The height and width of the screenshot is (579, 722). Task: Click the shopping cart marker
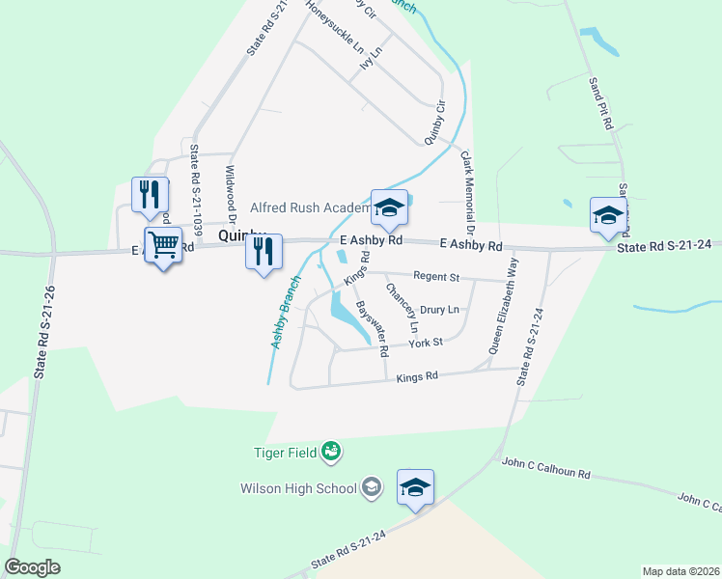click(x=163, y=246)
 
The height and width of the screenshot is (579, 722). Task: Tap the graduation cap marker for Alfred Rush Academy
click(x=389, y=207)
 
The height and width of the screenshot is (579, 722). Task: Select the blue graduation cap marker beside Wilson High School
click(x=415, y=488)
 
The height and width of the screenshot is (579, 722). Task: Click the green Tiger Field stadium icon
click(x=331, y=450)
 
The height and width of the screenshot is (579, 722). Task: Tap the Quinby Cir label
click(x=434, y=122)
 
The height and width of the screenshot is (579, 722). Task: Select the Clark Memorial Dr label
click(x=467, y=194)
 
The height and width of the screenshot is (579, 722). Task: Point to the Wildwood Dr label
click(x=232, y=193)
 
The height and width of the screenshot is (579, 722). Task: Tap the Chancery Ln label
click(x=402, y=309)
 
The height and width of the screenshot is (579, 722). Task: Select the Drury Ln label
click(x=439, y=310)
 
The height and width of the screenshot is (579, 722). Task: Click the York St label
click(x=425, y=343)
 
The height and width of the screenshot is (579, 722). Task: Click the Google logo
click(x=33, y=566)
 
